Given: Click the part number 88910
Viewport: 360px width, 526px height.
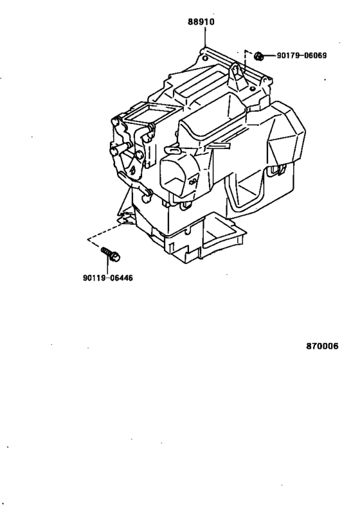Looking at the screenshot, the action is point(201,22).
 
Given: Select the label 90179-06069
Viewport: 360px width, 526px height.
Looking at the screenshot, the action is point(301,55).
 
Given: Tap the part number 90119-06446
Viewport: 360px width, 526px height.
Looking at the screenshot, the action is point(108,277).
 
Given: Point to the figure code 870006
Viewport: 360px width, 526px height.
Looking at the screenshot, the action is point(322,346).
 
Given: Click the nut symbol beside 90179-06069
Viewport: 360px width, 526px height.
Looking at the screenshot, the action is point(258,56).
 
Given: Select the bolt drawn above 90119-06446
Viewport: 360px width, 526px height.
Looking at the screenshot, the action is point(111,254).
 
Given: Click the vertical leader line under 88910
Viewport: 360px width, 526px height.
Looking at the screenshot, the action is point(204,37).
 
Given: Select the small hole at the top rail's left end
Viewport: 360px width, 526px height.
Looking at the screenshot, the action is point(205,58).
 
